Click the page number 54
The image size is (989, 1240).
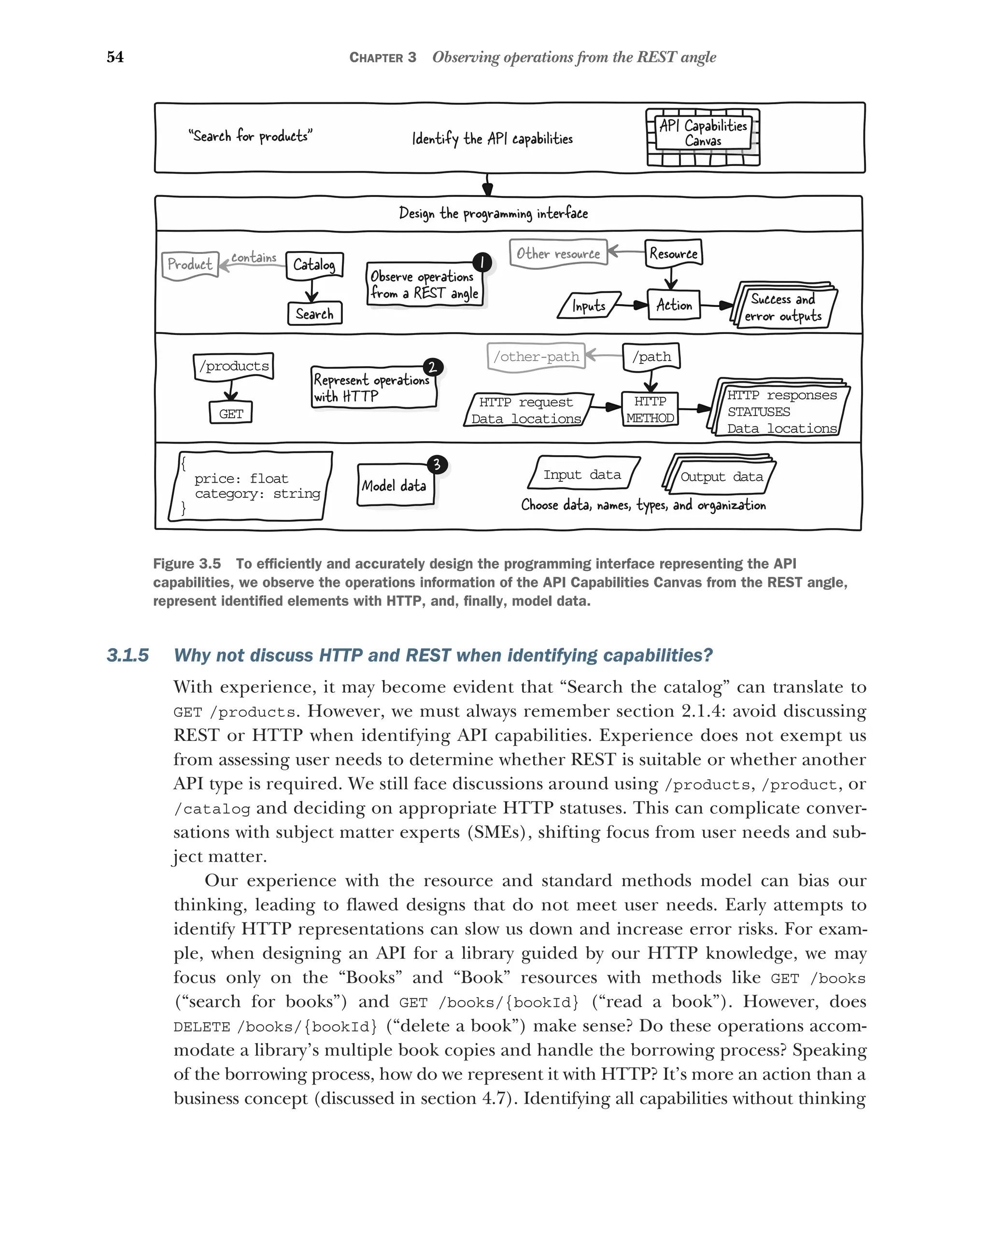(x=115, y=57)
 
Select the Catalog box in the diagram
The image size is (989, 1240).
(x=314, y=265)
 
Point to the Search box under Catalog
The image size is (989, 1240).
(x=315, y=313)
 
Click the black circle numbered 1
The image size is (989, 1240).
(x=482, y=262)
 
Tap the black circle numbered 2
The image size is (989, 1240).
(x=433, y=367)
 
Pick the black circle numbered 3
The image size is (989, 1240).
(x=437, y=464)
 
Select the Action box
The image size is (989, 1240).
(x=674, y=305)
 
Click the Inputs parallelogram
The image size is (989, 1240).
(x=589, y=306)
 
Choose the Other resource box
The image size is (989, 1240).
(x=558, y=253)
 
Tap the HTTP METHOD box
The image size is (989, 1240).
(x=650, y=409)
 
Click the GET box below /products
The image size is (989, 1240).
(x=231, y=413)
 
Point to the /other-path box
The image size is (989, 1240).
(x=536, y=357)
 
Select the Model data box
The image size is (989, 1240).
(x=395, y=486)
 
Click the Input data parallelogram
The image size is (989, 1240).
(x=583, y=474)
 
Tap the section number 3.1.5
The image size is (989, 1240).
(x=127, y=655)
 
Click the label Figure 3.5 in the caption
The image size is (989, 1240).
(x=187, y=564)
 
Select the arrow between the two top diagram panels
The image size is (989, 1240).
(x=488, y=185)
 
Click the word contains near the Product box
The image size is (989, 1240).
(x=254, y=258)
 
